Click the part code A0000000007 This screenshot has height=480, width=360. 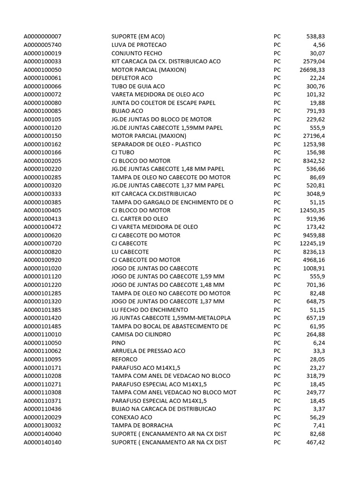[x=43, y=37]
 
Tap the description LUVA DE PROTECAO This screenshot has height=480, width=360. [x=139, y=45]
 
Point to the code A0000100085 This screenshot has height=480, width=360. [x=43, y=111]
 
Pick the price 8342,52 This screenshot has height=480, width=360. [x=313, y=161]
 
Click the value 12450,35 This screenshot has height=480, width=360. [x=312, y=210]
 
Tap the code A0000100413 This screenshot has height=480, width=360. [x=43, y=219]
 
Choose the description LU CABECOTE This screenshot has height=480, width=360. [x=129, y=252]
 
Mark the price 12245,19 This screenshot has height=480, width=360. [x=312, y=243]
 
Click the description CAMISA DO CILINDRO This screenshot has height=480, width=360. [x=141, y=334]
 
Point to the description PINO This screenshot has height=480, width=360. [x=119, y=343]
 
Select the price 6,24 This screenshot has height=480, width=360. [x=318, y=343]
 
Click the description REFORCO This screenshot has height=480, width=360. [x=125, y=359]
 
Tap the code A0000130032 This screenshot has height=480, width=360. [x=43, y=425]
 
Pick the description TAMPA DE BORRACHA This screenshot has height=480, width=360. [x=141, y=425]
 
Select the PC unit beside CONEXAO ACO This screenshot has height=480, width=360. [x=277, y=417]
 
